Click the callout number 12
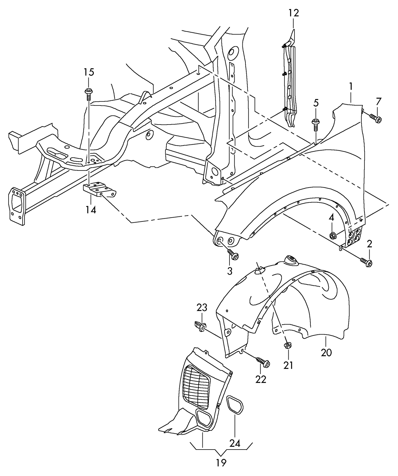click(294, 13)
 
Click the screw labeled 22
click(263, 362)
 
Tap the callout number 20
click(326, 352)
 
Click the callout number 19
click(221, 463)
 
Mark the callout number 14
click(91, 210)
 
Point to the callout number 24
click(235, 443)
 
